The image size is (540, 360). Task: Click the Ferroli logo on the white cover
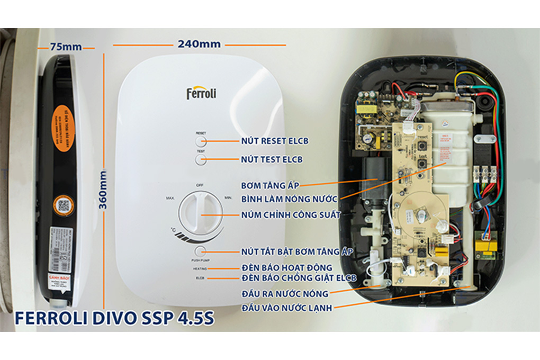pyautogui.click(x=201, y=93)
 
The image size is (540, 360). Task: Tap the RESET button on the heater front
pyautogui.click(x=201, y=141)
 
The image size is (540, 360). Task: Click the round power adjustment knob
pyautogui.click(x=200, y=214)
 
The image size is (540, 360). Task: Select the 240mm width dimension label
pyautogui.click(x=199, y=44)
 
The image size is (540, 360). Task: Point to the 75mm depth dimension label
pyautogui.click(x=66, y=47)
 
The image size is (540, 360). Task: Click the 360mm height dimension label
pyautogui.click(x=104, y=190)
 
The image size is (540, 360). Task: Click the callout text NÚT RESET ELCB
pyautogui.click(x=275, y=141)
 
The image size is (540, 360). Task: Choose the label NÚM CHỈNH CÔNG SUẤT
pyautogui.click(x=290, y=214)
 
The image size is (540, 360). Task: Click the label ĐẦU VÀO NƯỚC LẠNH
pyautogui.click(x=286, y=308)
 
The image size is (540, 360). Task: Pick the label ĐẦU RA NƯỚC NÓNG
pyautogui.click(x=285, y=293)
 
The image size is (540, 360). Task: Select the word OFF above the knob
pyautogui.click(x=200, y=185)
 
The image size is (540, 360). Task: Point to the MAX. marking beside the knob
pyautogui.click(x=170, y=198)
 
